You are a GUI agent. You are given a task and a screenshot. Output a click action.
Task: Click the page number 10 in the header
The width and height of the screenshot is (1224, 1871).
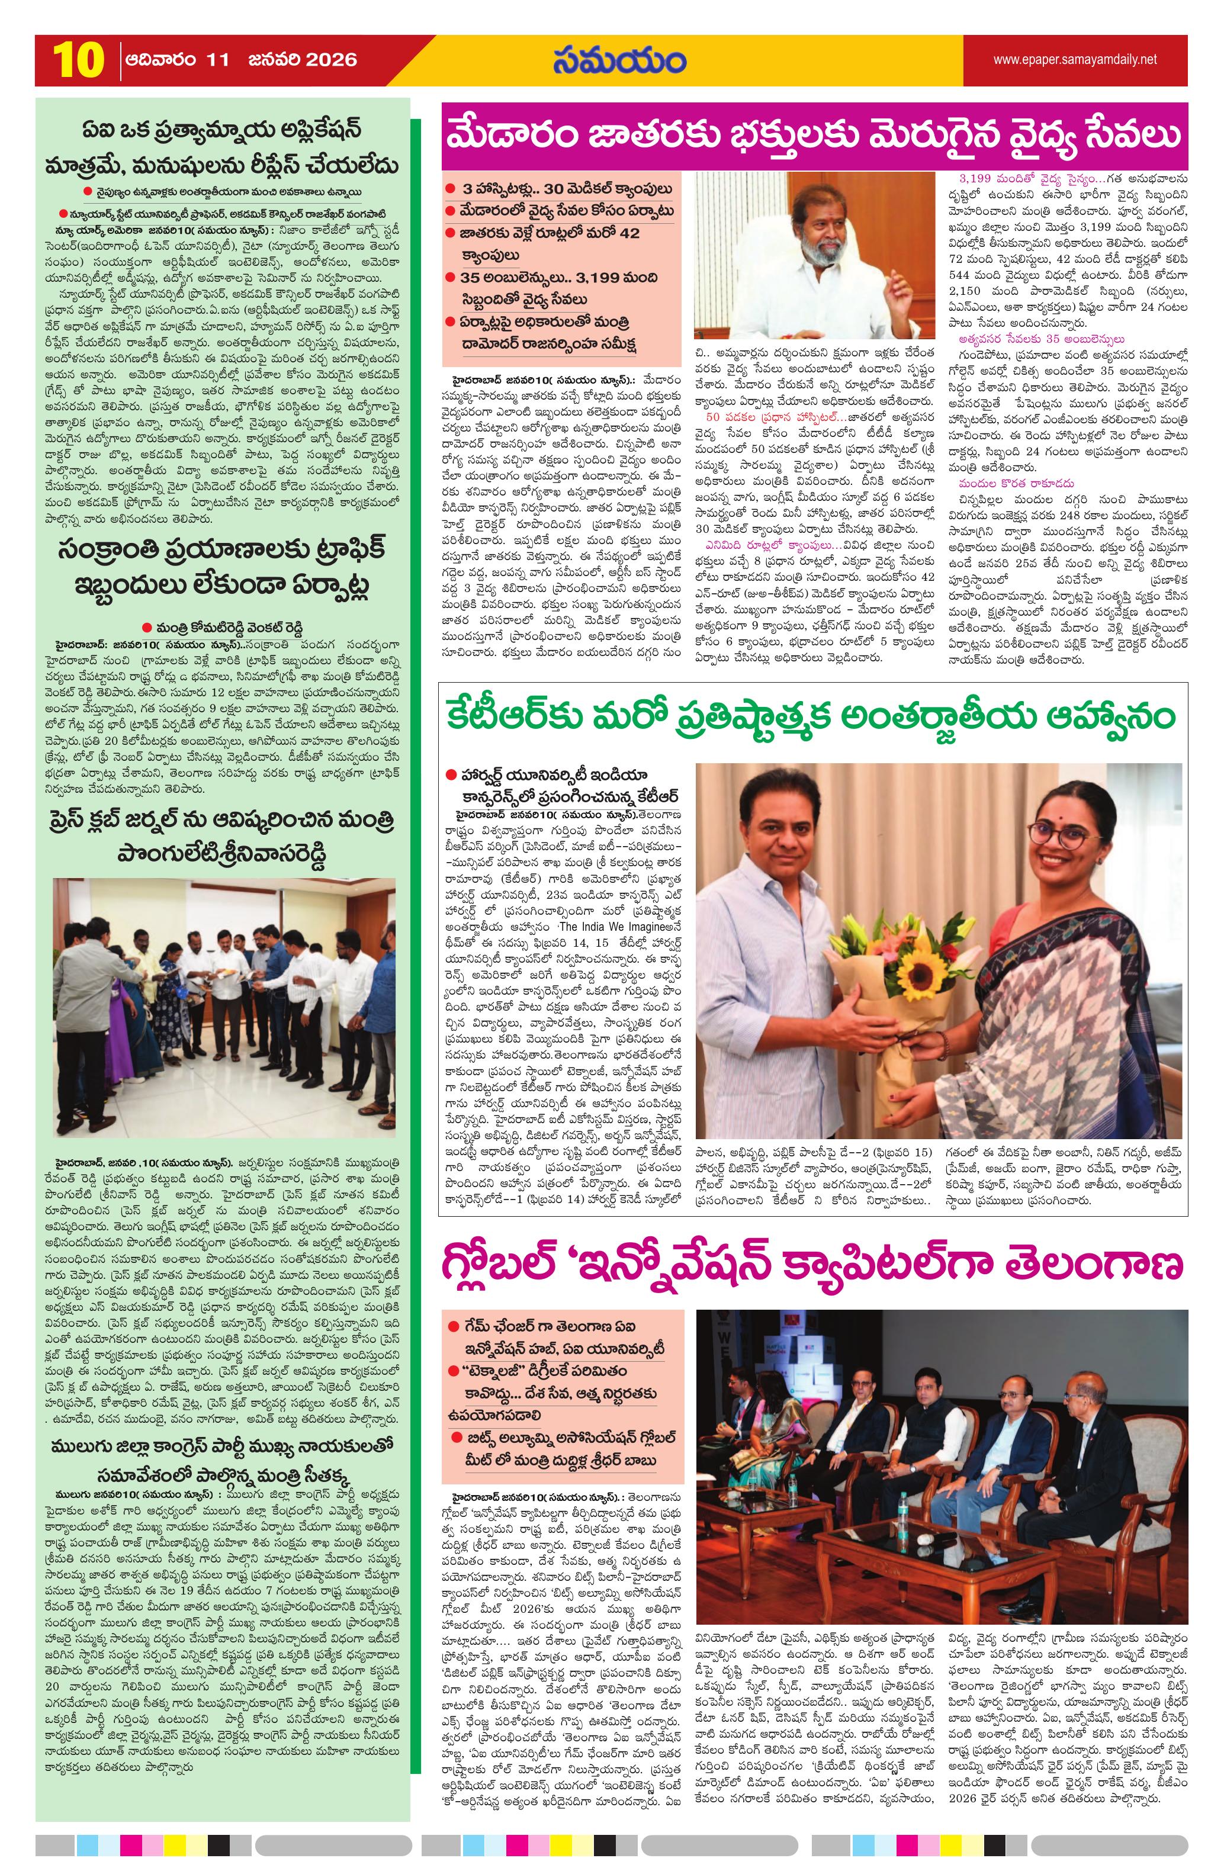[x=78, y=60]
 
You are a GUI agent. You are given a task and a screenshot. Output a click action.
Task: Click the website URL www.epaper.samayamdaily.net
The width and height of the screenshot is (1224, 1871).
[x=1075, y=59]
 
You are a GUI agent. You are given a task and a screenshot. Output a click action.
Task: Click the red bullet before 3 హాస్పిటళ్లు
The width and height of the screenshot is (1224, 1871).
[x=449, y=189]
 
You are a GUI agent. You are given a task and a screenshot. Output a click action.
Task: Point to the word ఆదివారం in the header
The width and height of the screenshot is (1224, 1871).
[x=154, y=60]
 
